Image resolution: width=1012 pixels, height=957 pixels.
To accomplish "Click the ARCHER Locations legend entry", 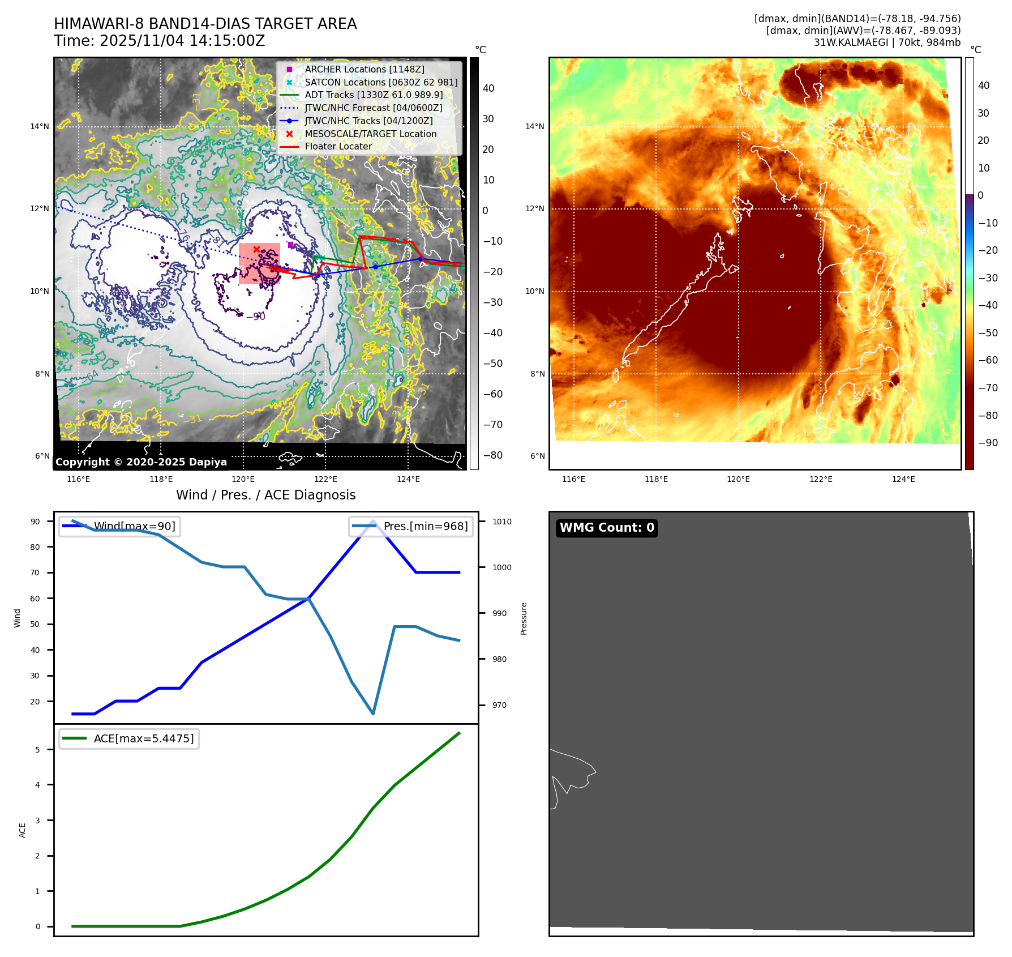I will click(364, 69).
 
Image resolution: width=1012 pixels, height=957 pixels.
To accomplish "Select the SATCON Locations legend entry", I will click(380, 82).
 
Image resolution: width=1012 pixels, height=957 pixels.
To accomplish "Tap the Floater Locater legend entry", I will click(338, 146).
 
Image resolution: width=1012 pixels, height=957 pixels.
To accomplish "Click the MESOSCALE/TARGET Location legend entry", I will click(370, 134).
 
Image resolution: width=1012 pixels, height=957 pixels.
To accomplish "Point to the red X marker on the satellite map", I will click(256, 249).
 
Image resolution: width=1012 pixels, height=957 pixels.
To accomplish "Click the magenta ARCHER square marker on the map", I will click(290, 245).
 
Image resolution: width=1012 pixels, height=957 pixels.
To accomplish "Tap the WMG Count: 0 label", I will click(607, 528).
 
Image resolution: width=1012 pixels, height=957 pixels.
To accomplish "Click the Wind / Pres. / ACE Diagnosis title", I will click(265, 495).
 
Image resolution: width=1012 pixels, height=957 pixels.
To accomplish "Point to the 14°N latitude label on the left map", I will click(40, 126).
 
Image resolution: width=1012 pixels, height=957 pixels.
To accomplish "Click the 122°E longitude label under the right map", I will click(821, 479).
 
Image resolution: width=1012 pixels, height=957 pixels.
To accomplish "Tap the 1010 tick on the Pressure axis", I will click(501, 522).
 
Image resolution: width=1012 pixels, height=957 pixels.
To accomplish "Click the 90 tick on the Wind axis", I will click(35, 522).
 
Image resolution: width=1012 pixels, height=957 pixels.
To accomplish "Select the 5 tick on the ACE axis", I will click(38, 750).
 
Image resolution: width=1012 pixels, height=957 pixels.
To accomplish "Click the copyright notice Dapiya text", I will click(141, 462).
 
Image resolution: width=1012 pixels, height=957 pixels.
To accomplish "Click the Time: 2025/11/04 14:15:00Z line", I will click(159, 41).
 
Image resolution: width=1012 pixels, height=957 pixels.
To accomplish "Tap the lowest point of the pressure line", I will click(373, 714).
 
